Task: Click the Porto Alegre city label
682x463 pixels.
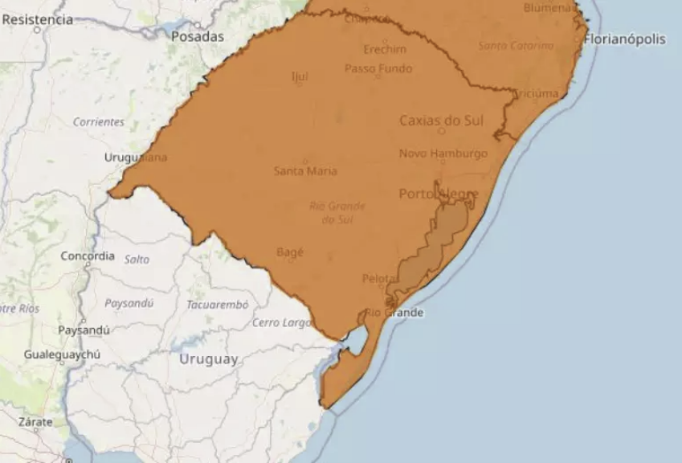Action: [x=439, y=194]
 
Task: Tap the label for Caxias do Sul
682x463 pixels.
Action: [x=442, y=121]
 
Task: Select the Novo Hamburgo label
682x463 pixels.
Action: [x=443, y=154]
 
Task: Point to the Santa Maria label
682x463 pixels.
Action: [x=305, y=170]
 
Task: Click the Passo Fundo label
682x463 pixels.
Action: [x=378, y=68]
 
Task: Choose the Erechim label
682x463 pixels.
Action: [x=384, y=49]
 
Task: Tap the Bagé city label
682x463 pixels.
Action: [x=290, y=252]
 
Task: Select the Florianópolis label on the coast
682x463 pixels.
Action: [x=624, y=39]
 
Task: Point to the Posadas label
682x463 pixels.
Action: [x=198, y=36]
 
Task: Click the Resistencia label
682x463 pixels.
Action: [x=37, y=19]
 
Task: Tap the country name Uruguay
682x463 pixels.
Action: [x=208, y=359]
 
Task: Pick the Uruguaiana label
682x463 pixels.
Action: [x=136, y=158]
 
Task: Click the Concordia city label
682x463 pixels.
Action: [x=88, y=256]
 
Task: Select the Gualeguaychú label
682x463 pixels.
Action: [x=62, y=354]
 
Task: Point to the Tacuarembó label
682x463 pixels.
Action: [x=217, y=305]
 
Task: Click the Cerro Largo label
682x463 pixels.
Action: [x=282, y=322]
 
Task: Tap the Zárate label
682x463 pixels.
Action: [x=35, y=421]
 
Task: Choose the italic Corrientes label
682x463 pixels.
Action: [x=99, y=122]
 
